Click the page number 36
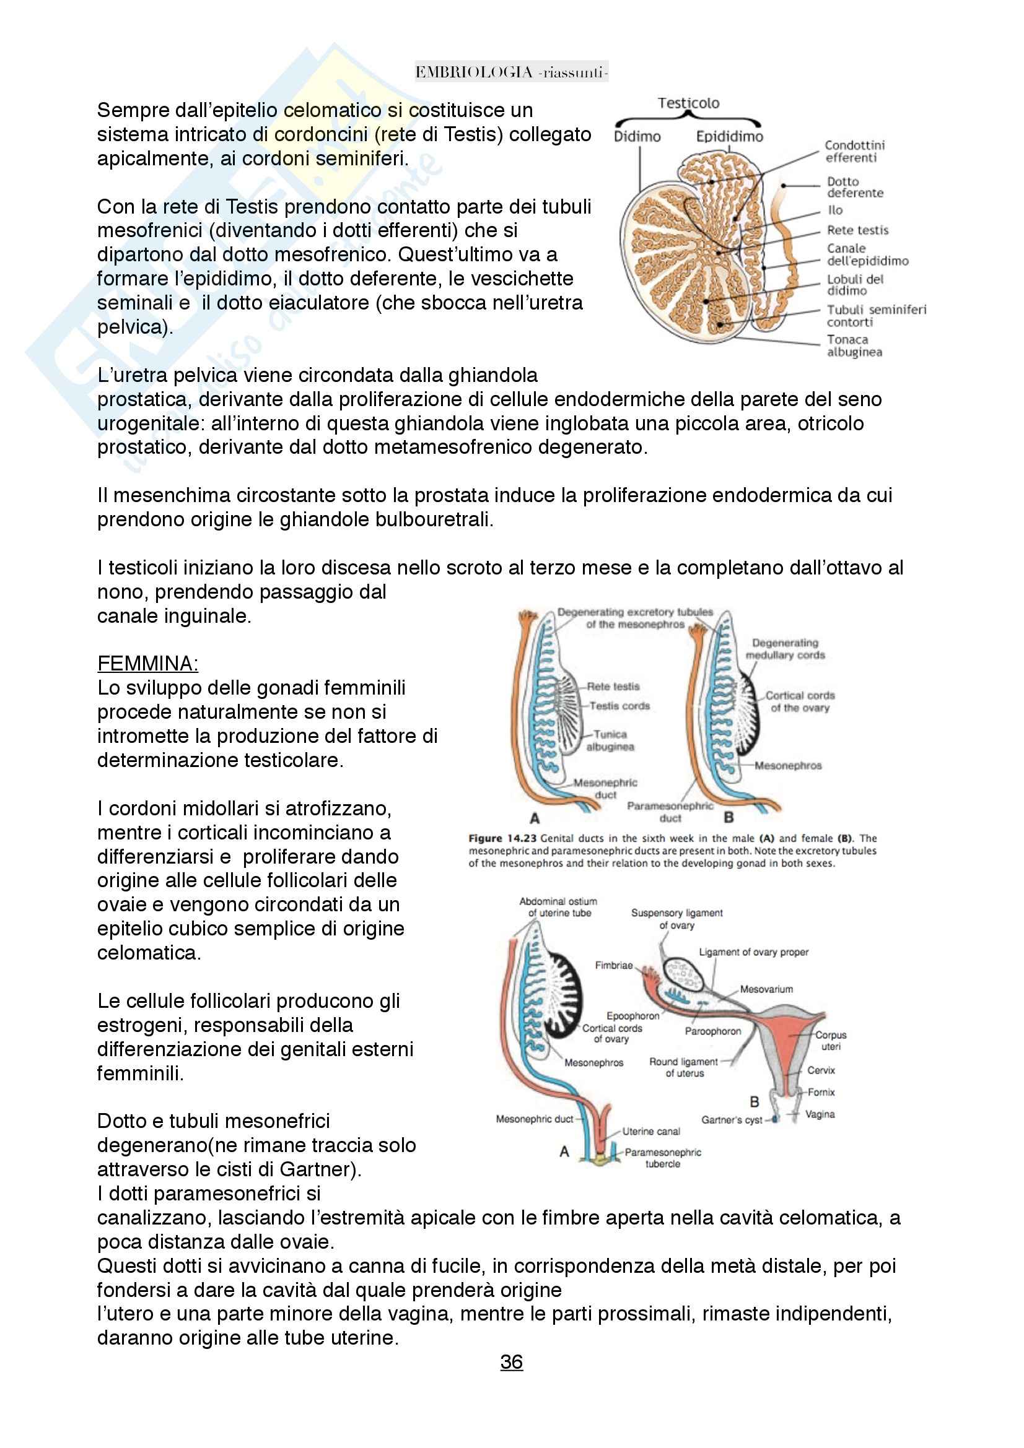511,1362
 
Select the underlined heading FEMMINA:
147,664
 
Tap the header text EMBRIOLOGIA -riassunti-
511,72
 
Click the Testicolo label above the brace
688,103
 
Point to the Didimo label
637,136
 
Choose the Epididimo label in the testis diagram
729,136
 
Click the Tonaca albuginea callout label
854,345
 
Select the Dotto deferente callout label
855,188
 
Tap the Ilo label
835,210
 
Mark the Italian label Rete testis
857,230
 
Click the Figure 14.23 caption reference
502,838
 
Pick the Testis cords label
619,706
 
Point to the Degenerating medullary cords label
785,649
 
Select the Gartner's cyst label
732,1120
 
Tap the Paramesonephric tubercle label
662,1158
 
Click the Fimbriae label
613,966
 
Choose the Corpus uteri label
830,1041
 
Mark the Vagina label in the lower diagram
820,1114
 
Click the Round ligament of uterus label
684,1067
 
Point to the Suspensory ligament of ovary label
677,919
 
